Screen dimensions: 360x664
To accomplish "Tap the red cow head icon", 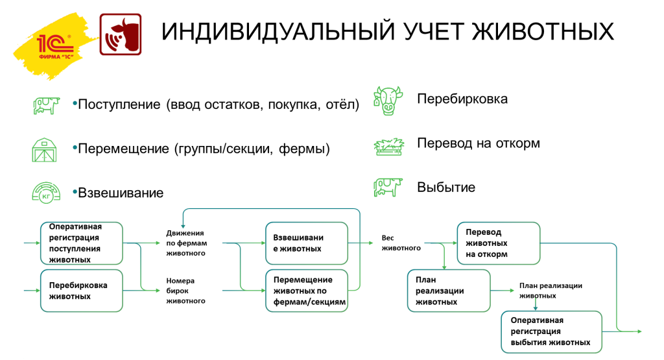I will [x=120, y=34].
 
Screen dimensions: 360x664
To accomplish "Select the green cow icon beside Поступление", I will [x=46, y=105].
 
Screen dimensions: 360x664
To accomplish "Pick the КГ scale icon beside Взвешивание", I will [x=46, y=193].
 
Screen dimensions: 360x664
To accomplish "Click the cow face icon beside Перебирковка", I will [x=388, y=100].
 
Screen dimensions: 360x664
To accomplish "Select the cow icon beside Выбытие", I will [x=388, y=187].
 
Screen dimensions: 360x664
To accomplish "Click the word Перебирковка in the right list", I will [x=462, y=99].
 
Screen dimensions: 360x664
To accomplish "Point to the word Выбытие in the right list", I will [x=446, y=187].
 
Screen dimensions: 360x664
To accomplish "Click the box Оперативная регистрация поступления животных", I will [x=81, y=243].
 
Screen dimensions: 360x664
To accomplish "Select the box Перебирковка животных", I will [x=81, y=290].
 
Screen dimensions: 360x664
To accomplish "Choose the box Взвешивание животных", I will [x=306, y=243].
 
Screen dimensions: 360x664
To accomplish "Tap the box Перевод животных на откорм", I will [x=498, y=243].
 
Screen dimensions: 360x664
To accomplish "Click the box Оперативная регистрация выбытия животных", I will [x=552, y=331].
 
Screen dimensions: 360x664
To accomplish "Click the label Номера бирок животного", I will [x=185, y=291].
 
